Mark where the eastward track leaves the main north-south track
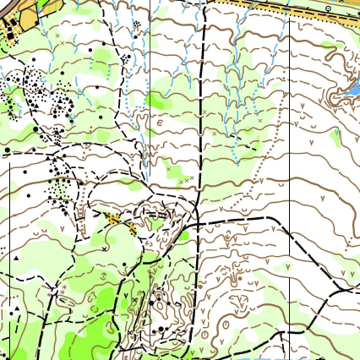[196, 226]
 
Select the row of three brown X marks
[182, 179]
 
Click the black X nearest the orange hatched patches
[104, 248]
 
